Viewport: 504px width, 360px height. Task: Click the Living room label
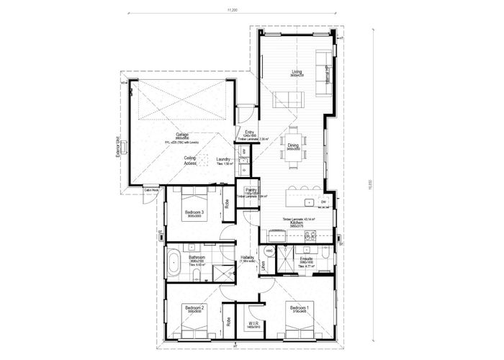[x=297, y=71]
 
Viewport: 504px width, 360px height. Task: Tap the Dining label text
[x=293, y=145]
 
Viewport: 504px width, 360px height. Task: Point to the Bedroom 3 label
[x=194, y=212]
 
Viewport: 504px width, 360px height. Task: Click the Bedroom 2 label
[x=194, y=307]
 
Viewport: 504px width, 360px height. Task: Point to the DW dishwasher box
[x=325, y=202]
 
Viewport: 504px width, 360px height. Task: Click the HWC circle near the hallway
[x=269, y=251]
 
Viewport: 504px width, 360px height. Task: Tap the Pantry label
[x=251, y=190]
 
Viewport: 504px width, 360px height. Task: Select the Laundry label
[x=222, y=159]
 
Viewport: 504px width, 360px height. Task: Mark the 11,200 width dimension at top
[x=231, y=10]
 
